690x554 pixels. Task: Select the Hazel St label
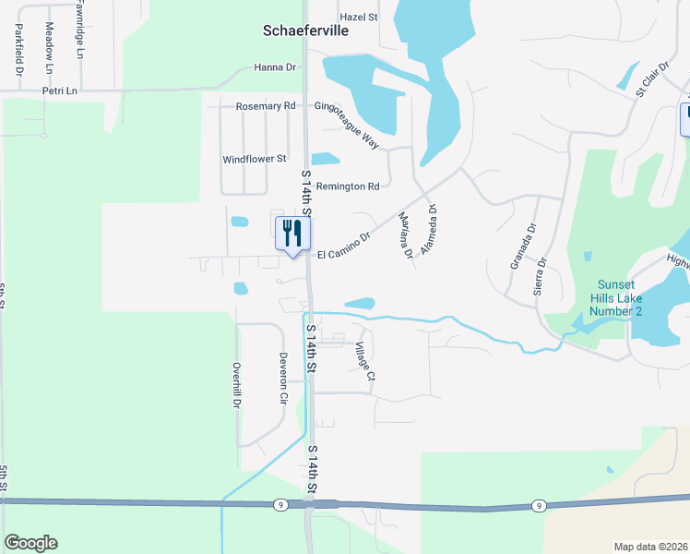pyautogui.click(x=359, y=17)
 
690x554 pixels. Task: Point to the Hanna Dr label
pyautogui.click(x=275, y=67)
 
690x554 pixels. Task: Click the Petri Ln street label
pyautogui.click(x=60, y=91)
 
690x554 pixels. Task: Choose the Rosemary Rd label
pyautogui.click(x=266, y=106)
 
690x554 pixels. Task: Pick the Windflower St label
pyautogui.click(x=256, y=159)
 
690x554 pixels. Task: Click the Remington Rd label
pyautogui.click(x=348, y=187)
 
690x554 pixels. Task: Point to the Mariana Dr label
pyautogui.click(x=403, y=235)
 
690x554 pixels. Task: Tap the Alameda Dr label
pyautogui.click(x=427, y=228)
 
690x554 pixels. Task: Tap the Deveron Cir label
pyautogui.click(x=283, y=378)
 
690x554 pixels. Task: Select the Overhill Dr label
pyautogui.click(x=236, y=385)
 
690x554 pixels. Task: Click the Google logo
pyautogui.click(x=30, y=543)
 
